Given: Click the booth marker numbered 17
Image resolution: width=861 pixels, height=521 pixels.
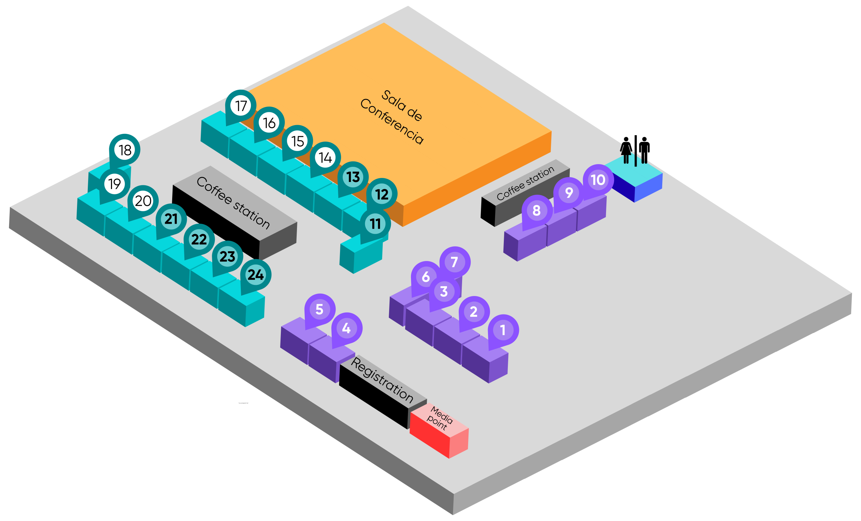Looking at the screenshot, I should [x=241, y=106].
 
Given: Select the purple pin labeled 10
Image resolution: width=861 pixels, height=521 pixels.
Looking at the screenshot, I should [x=598, y=180].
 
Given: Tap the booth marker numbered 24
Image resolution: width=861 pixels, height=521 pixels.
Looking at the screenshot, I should [x=255, y=275].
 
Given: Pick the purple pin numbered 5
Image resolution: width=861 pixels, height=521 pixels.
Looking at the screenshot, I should [x=320, y=309].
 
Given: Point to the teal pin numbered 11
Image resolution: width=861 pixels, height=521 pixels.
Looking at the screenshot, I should [x=375, y=224].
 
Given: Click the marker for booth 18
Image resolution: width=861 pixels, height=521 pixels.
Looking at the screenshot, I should [x=125, y=150].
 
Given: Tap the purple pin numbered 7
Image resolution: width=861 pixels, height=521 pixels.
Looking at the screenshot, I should [x=454, y=262].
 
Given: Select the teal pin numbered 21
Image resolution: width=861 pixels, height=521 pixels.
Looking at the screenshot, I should [x=171, y=219].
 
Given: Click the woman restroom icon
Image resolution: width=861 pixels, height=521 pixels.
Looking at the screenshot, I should [x=626, y=150].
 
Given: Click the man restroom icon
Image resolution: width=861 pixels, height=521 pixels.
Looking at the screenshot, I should [x=644, y=150].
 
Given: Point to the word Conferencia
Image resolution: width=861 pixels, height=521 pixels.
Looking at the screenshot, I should [x=392, y=121].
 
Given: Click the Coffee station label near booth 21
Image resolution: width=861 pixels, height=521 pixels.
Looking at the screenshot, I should [x=233, y=203].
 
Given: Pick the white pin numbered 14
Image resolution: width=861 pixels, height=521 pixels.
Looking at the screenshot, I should [x=325, y=158].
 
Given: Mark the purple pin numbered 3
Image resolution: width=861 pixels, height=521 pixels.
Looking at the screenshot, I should [x=444, y=291].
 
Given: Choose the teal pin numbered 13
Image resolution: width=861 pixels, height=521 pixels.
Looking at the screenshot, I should [x=353, y=177].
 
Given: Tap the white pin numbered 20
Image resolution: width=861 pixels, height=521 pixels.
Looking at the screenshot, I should [x=143, y=201].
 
